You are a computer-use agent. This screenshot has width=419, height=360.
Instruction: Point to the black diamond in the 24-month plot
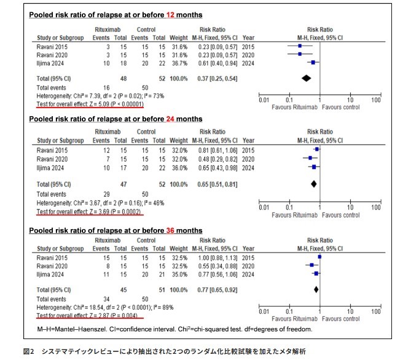click(314, 183)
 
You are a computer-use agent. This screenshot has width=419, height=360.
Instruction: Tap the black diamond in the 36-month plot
click(316, 289)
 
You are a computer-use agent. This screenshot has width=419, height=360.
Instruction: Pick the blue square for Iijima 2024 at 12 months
click(313, 63)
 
